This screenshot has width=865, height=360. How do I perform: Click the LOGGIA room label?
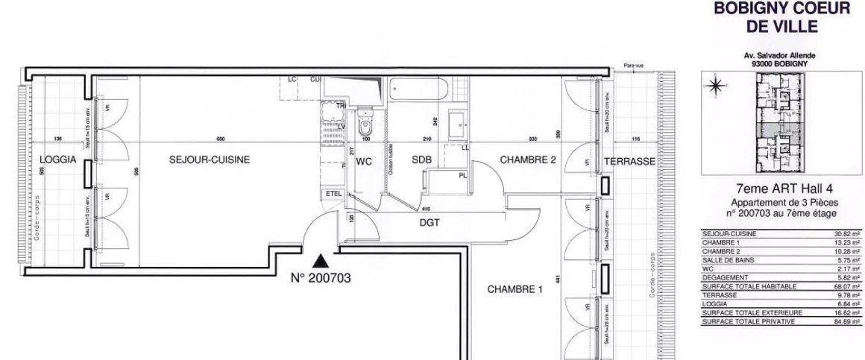point(57,160)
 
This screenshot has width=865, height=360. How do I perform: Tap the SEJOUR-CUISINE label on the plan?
point(210,160)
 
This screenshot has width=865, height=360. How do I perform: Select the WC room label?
point(364,161)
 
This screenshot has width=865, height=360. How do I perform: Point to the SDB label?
point(422,161)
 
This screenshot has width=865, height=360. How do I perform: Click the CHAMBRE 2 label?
point(528,160)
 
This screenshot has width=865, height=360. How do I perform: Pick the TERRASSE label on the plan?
point(629,161)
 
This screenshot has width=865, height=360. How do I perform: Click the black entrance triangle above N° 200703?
point(321,260)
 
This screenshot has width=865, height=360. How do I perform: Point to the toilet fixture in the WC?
point(365,119)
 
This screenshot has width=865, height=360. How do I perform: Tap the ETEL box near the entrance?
point(333,194)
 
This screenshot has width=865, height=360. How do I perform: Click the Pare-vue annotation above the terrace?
point(633,66)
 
